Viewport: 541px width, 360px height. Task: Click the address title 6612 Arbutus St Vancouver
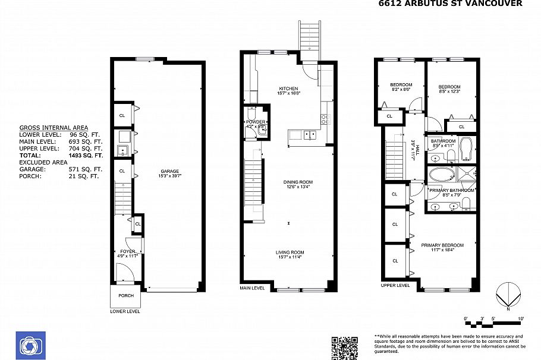[451, 4]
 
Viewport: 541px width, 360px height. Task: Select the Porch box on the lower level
[126, 296]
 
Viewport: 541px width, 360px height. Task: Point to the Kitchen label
[288, 90]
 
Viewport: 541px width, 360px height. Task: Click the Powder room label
[256, 124]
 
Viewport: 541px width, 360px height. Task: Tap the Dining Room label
[288, 185]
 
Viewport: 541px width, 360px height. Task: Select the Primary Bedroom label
[442, 247]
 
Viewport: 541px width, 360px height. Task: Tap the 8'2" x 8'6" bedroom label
[401, 87]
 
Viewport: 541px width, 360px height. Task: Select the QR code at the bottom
[344, 348]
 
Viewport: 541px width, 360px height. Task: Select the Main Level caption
[252, 288]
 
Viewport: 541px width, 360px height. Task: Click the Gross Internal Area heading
[54, 128]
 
